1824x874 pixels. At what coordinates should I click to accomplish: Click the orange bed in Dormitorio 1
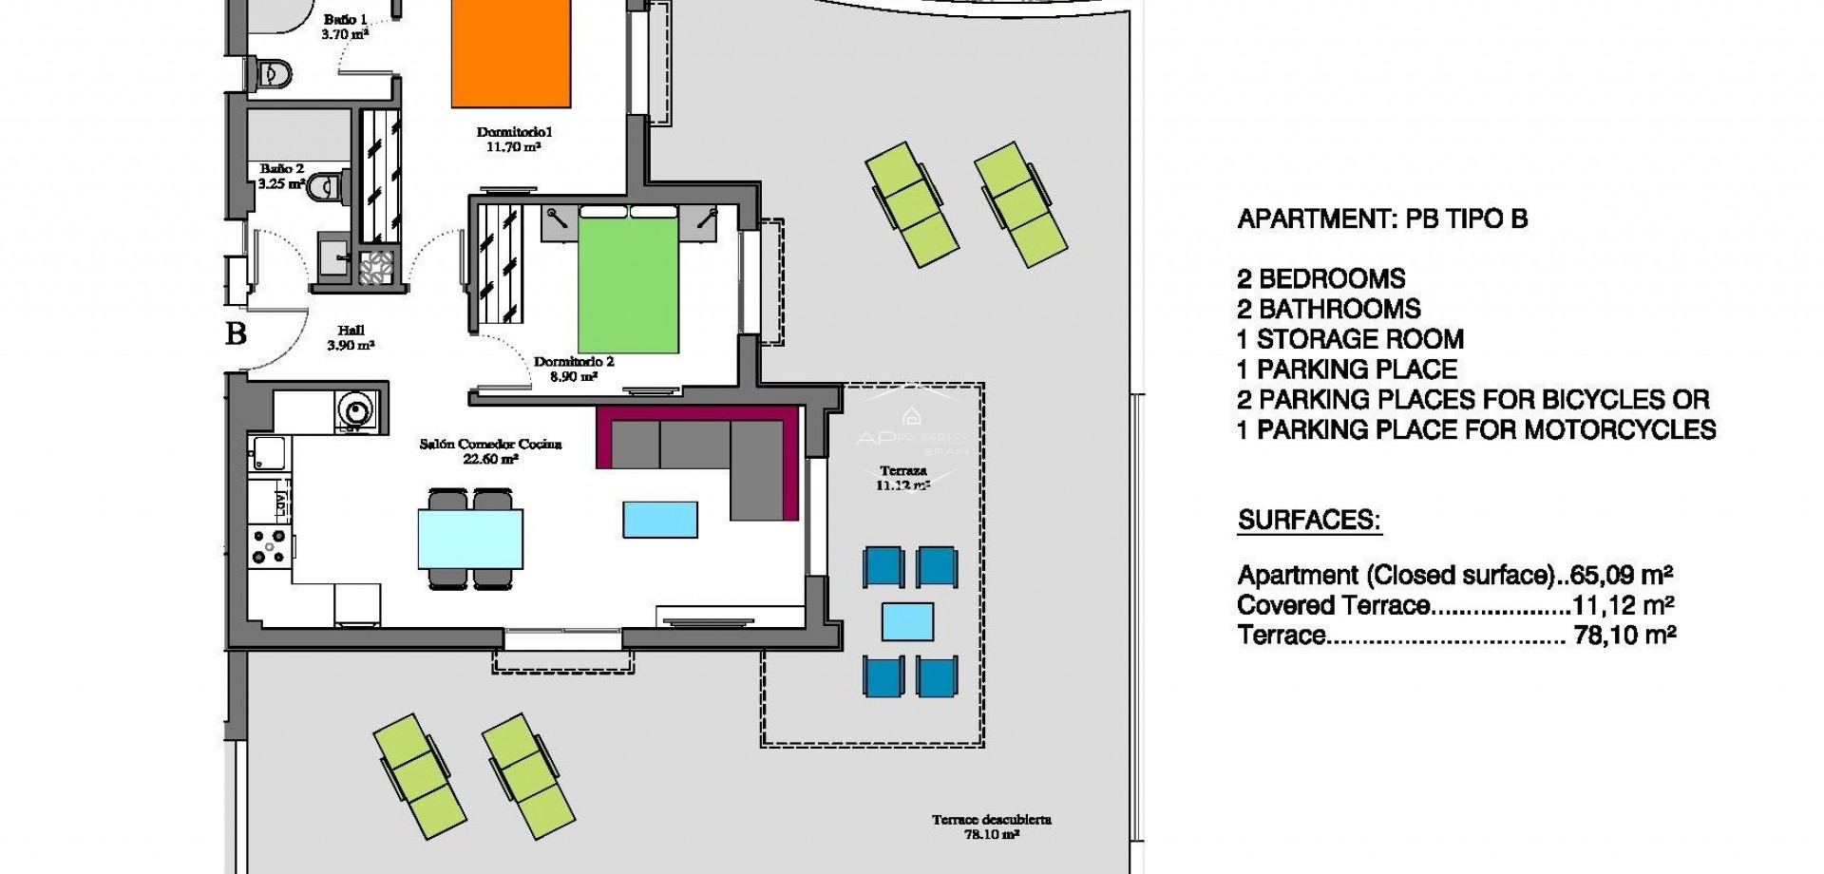pyautogui.click(x=510, y=52)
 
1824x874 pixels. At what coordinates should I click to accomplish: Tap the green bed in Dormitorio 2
pyautogui.click(x=628, y=285)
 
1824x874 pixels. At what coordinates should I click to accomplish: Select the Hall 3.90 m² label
pyautogui.click(x=351, y=338)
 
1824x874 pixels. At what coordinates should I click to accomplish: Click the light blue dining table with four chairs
pyautogui.click(x=470, y=538)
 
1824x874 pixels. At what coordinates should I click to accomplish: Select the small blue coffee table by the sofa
pyautogui.click(x=660, y=520)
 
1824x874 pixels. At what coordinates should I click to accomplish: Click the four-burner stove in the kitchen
pyautogui.click(x=269, y=547)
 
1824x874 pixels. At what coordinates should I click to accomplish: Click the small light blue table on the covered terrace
pyautogui.click(x=907, y=622)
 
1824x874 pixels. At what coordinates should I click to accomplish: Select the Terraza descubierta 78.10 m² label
pyautogui.click(x=991, y=826)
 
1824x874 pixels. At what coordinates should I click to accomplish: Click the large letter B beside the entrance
pyautogui.click(x=236, y=334)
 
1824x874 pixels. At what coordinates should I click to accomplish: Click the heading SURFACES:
pyautogui.click(x=1308, y=521)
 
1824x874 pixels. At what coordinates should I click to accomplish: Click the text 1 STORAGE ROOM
pyautogui.click(x=1350, y=339)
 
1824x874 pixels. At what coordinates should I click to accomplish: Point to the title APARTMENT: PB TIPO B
pyautogui.click(x=1382, y=219)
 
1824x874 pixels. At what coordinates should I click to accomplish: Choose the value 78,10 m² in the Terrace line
pyautogui.click(x=1624, y=636)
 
